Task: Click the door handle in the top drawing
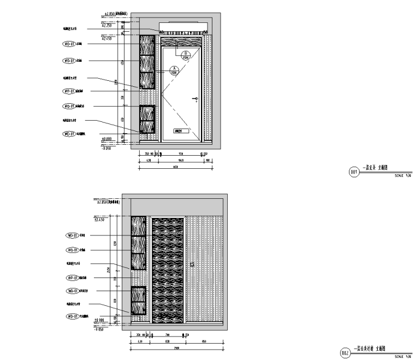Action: [x=195, y=99]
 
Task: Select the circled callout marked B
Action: [x=186, y=55]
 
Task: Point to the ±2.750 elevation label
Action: [x=107, y=26]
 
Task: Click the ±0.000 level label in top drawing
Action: [x=106, y=139]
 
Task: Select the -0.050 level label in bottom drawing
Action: [x=99, y=330]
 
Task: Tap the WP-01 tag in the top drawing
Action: [x=69, y=91]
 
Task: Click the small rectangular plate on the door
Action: [x=181, y=131]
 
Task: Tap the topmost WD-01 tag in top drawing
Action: [x=69, y=44]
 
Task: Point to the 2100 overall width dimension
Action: [x=177, y=348]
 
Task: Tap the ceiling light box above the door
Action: [x=183, y=27]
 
